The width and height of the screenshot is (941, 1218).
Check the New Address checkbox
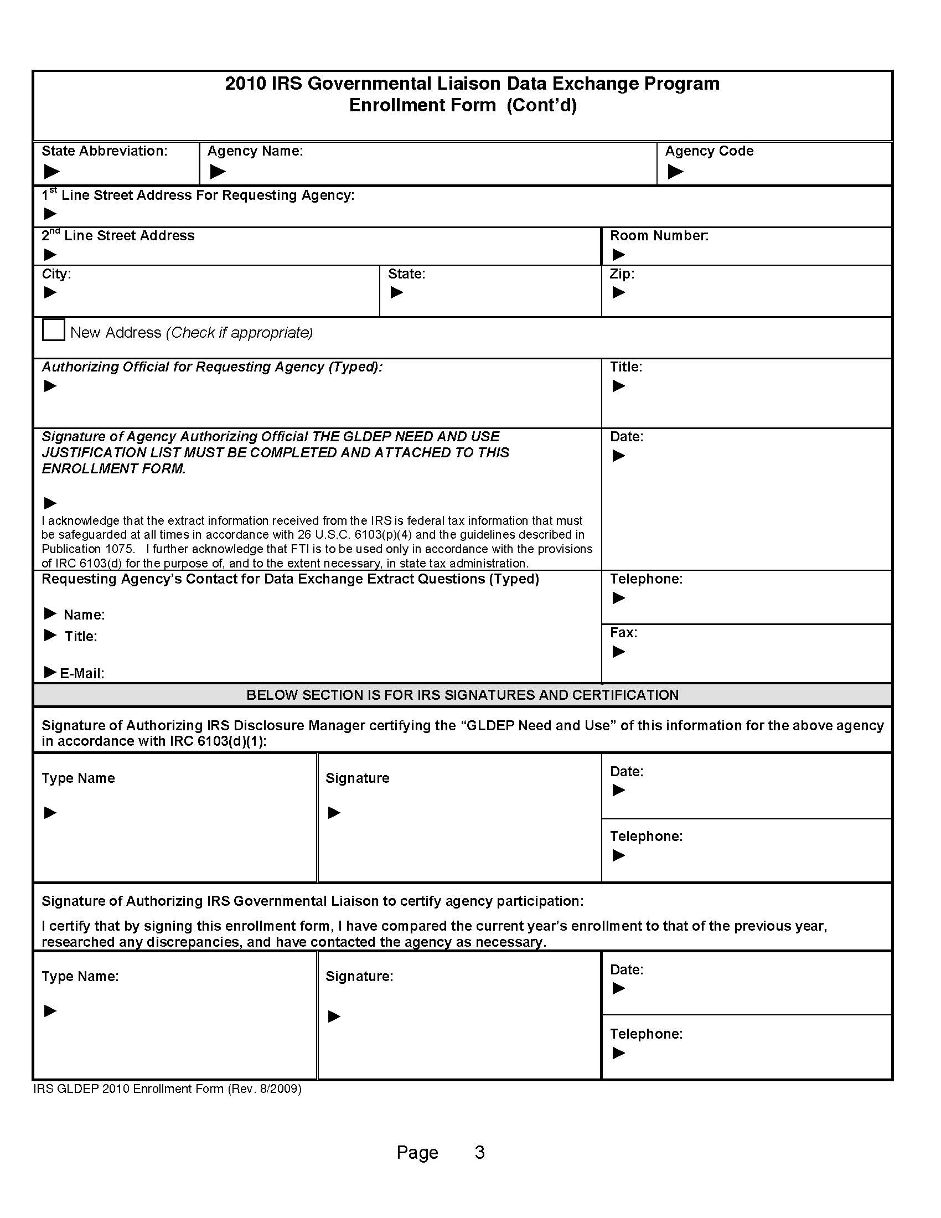[x=54, y=329]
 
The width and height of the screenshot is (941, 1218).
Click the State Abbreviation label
[x=104, y=151]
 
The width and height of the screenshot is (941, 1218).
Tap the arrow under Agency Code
[x=675, y=171]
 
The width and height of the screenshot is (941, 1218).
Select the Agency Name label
[x=255, y=151]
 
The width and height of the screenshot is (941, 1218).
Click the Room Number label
[x=659, y=236]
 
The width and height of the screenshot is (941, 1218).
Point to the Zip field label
[x=622, y=274]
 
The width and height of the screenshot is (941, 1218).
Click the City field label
[x=56, y=274]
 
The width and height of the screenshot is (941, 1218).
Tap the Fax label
[x=623, y=632]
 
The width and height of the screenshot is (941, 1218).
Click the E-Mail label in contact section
[x=82, y=673]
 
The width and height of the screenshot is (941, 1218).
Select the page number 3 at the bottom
[x=479, y=1152]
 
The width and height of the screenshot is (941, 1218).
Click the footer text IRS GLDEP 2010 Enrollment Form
[x=167, y=1088]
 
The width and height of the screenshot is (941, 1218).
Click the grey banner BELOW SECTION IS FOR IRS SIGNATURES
[x=462, y=695]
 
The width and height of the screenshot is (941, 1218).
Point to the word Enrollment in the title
[x=422, y=105]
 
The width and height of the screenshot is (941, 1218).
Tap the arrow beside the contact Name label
[x=50, y=613]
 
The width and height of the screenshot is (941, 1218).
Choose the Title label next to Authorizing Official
[x=625, y=367]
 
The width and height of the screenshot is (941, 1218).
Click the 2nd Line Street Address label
[x=118, y=236]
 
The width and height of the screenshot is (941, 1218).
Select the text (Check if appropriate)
[x=239, y=332]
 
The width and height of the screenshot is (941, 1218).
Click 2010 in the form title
[x=245, y=84]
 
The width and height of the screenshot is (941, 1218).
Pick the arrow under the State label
[x=396, y=292]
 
